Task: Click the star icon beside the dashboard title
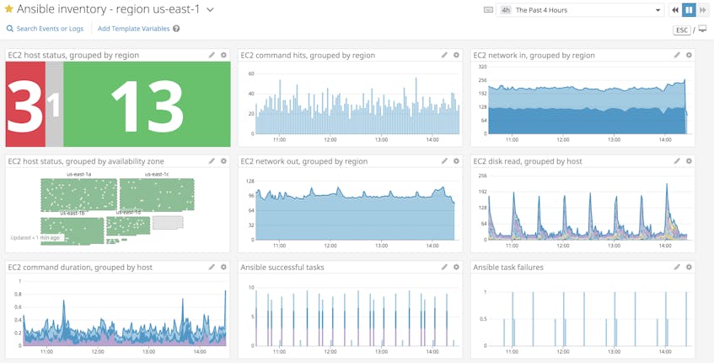[9, 9]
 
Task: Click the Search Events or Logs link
[50, 29]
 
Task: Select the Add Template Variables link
[133, 29]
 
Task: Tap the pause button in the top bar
[689, 10]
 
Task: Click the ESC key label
[682, 30]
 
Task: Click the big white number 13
[147, 105]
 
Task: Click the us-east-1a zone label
[78, 175]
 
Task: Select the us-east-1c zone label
[157, 175]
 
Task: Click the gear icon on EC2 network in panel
[689, 55]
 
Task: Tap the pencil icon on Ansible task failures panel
[677, 267]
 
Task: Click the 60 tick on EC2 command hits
[250, 73]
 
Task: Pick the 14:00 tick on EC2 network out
[432, 246]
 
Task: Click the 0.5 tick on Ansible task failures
[481, 319]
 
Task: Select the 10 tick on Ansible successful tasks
[250, 288]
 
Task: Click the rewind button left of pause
[674, 10]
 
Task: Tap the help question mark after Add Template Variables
[176, 29]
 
